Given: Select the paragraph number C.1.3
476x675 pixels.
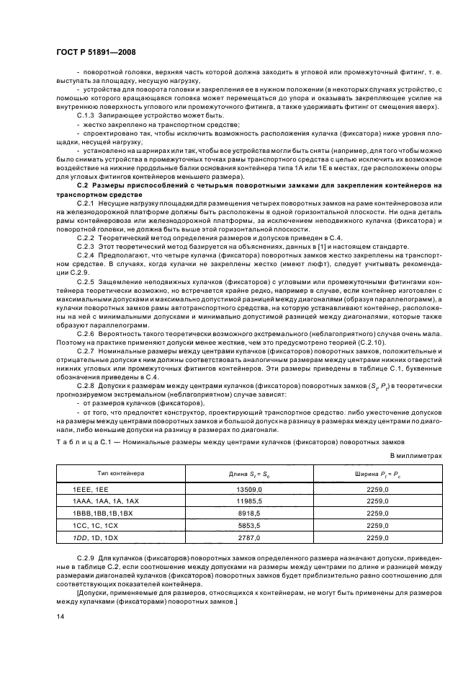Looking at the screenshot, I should point(86,115).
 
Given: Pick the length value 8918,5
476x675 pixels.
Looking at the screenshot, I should point(247,513).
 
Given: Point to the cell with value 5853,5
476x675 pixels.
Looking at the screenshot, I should point(247,526).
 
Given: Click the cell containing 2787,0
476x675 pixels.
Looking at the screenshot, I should point(247,538).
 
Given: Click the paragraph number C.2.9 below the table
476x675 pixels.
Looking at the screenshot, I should point(86,559).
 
